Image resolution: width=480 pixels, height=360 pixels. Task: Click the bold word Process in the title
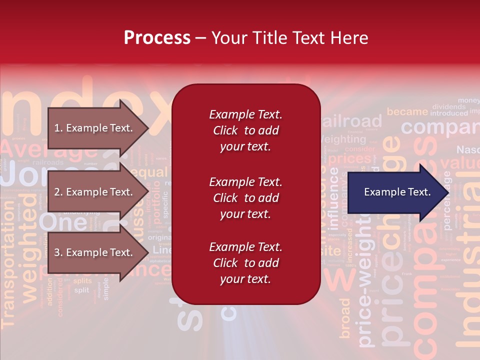(157, 38)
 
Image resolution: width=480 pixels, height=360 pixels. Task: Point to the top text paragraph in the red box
(245, 130)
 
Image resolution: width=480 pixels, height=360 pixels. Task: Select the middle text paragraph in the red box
(245, 198)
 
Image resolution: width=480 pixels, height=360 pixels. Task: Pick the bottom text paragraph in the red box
(245, 263)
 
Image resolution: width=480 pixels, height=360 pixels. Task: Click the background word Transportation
(8, 280)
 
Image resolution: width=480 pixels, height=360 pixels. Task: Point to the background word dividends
(448, 106)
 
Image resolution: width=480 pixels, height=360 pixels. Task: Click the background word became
(407, 112)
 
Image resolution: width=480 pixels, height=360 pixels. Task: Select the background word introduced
(448, 113)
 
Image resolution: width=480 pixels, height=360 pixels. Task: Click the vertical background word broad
(345, 318)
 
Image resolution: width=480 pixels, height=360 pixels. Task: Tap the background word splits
(82, 281)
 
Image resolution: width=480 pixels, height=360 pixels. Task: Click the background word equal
(149, 173)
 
